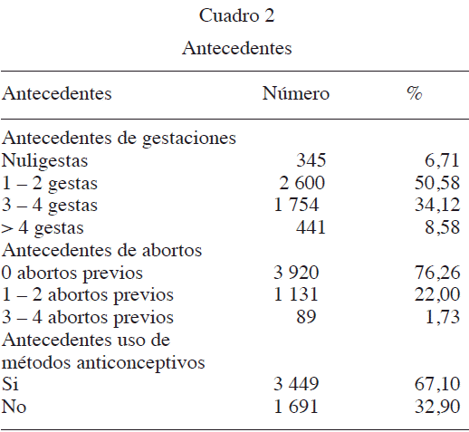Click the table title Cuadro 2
(x=236, y=15)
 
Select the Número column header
(x=295, y=93)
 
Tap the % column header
(x=415, y=92)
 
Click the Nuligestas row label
(x=44, y=160)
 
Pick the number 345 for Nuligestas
(x=311, y=160)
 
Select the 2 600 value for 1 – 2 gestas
(x=301, y=182)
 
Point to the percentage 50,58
(x=437, y=182)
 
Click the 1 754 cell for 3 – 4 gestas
(x=296, y=205)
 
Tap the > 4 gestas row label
(x=43, y=227)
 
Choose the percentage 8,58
(x=442, y=227)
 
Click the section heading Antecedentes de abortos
(x=101, y=250)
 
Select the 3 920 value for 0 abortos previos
(x=296, y=272)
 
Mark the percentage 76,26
(x=437, y=272)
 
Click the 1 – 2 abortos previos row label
(x=88, y=295)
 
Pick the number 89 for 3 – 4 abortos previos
(x=306, y=316)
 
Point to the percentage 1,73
(x=443, y=316)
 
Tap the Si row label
(x=10, y=384)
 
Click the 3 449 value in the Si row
(x=296, y=384)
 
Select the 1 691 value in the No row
(x=296, y=406)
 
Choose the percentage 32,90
(x=437, y=406)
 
